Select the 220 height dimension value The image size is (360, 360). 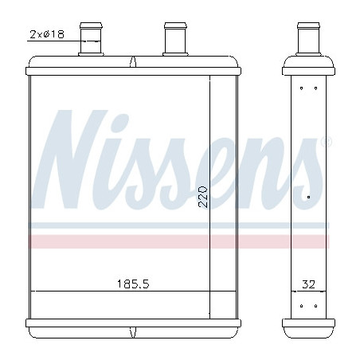click(x=202, y=197)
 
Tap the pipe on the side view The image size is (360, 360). click(x=307, y=40)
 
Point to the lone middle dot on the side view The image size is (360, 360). click(x=308, y=194)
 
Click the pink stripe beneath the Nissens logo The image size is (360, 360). click(x=183, y=241)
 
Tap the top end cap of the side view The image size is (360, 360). click(x=307, y=66)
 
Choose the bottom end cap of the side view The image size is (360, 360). click(x=307, y=327)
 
